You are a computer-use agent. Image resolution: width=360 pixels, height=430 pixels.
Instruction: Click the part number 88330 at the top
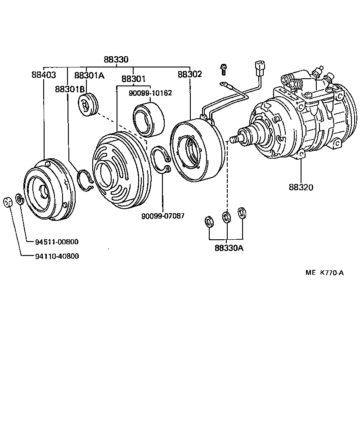click(116, 59)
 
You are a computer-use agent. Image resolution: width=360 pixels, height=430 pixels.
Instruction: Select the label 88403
click(44, 75)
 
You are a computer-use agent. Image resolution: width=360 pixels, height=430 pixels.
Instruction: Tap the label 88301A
click(89, 75)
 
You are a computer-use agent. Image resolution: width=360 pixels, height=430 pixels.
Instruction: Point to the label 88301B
click(70, 89)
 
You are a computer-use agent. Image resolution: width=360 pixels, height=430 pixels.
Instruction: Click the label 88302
click(189, 74)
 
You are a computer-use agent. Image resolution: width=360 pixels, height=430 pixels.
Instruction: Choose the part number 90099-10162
click(150, 93)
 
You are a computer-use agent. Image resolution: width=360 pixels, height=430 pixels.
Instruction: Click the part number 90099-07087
click(162, 216)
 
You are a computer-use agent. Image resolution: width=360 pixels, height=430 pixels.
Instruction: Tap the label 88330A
click(229, 248)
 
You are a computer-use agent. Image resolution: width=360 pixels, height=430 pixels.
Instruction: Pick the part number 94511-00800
click(57, 242)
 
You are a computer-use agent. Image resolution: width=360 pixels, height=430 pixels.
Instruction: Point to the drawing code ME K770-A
click(324, 272)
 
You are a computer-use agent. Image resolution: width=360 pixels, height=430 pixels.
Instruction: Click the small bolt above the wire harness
click(223, 69)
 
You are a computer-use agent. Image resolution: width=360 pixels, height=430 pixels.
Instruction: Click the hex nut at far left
click(8, 202)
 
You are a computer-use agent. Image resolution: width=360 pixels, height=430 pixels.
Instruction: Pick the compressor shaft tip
click(233, 139)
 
